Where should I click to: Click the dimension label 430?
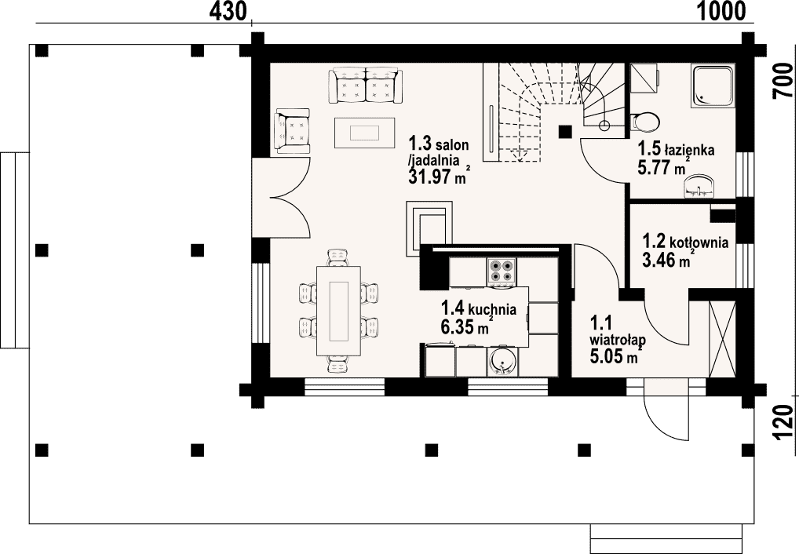point(228,11)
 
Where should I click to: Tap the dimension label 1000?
point(721,11)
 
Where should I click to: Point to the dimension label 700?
point(783,82)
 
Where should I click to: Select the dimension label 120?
point(783,422)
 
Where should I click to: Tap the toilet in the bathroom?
point(644,122)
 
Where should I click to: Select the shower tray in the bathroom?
point(713,86)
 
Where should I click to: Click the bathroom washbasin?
point(699,186)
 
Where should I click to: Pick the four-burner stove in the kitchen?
point(502,271)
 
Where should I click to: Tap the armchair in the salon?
point(293,130)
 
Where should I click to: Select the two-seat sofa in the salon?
point(366,85)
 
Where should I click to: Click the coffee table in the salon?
point(365,133)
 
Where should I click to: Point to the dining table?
point(339,311)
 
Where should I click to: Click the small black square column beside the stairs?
point(565,132)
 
